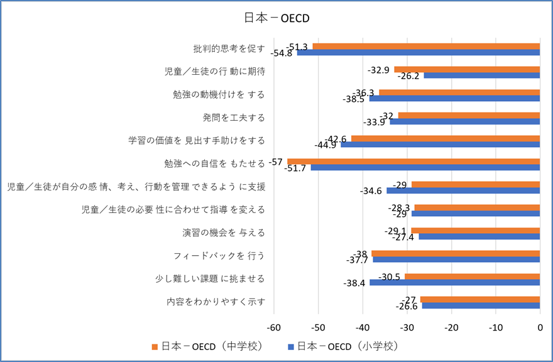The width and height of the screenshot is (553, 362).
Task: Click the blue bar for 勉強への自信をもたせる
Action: (x=425, y=168)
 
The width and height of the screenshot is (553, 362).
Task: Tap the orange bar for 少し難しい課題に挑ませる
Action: (x=473, y=277)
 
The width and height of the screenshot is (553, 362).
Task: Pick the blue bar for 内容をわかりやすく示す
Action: (x=481, y=305)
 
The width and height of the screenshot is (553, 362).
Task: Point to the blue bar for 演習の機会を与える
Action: (x=479, y=236)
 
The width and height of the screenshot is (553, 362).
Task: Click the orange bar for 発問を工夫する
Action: (x=469, y=116)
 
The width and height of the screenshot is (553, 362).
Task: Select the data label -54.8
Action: (x=281, y=53)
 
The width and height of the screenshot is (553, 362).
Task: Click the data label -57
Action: (x=275, y=162)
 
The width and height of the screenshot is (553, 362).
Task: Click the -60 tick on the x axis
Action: (x=273, y=327)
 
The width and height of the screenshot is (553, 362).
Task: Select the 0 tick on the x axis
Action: (x=540, y=327)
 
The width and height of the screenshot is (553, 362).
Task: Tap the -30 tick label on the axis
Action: (x=407, y=327)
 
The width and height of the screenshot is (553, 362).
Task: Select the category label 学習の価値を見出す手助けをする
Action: (x=196, y=140)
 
